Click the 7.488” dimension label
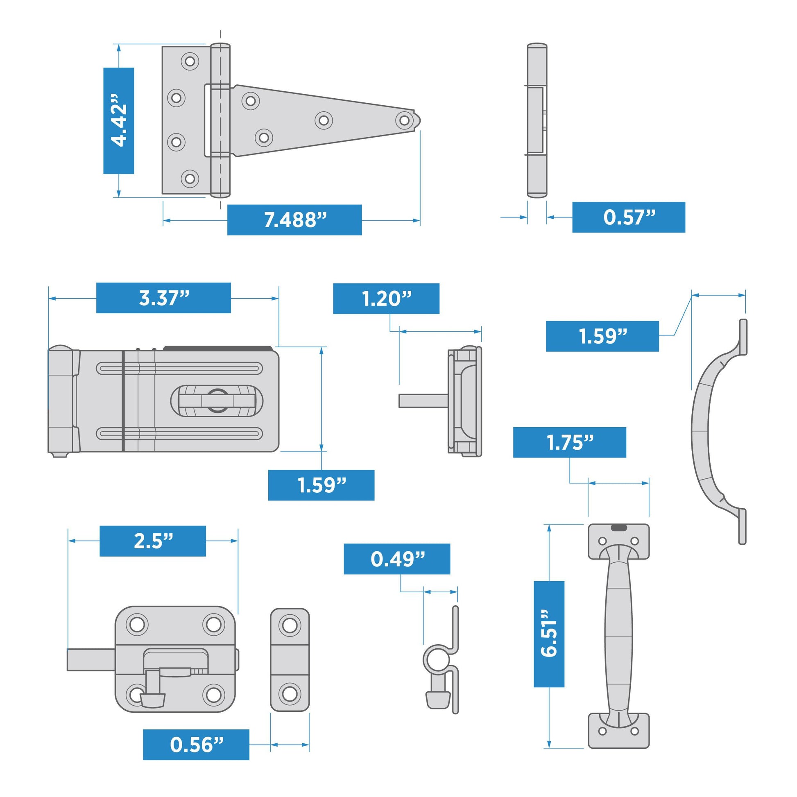coord(294,220)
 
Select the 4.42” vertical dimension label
coord(118,120)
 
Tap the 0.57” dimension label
coord(628,217)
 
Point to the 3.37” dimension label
coord(163,298)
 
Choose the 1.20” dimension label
coord(386,299)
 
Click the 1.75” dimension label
coord(569,442)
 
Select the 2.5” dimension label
coord(153,541)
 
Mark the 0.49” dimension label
coord(397,559)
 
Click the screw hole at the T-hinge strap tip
coord(404,121)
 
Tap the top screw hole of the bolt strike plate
coord(290,625)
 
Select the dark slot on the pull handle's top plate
coord(618,528)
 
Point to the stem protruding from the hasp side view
coord(423,401)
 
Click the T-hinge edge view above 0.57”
coord(537,120)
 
